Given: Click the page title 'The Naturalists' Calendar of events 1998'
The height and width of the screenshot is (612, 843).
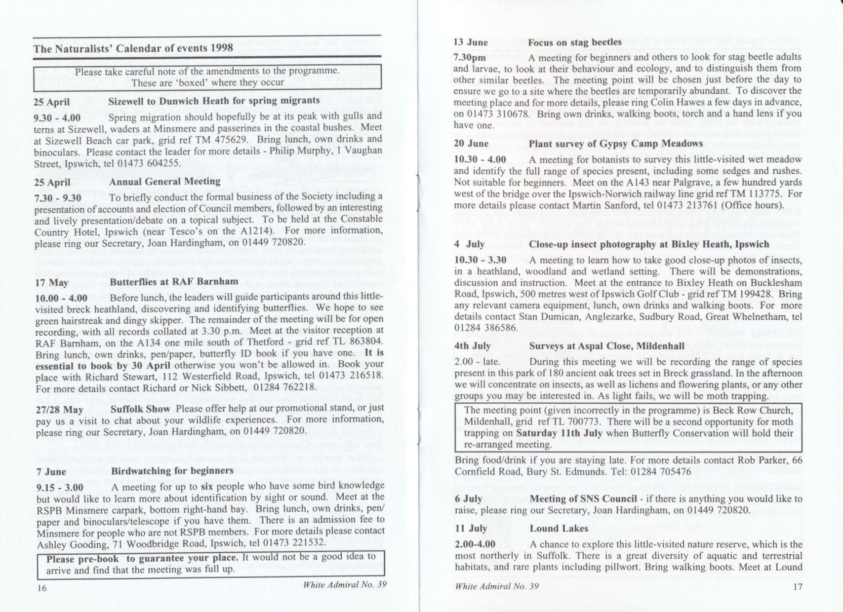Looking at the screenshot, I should [x=133, y=48].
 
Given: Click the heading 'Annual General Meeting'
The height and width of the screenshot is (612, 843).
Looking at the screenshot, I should [x=164, y=182].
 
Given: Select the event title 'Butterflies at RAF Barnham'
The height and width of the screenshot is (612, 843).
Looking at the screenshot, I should [x=174, y=282].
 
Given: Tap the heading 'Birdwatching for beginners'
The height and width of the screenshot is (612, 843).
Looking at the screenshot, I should [x=172, y=470].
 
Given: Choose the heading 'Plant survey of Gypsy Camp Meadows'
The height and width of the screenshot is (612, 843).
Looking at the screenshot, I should [x=616, y=144].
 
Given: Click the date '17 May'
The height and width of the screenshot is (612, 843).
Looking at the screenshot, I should [x=51, y=283].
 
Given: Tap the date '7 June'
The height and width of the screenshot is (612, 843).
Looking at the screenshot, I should [x=51, y=471].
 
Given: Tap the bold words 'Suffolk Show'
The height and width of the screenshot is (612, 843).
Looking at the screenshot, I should [x=140, y=409].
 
